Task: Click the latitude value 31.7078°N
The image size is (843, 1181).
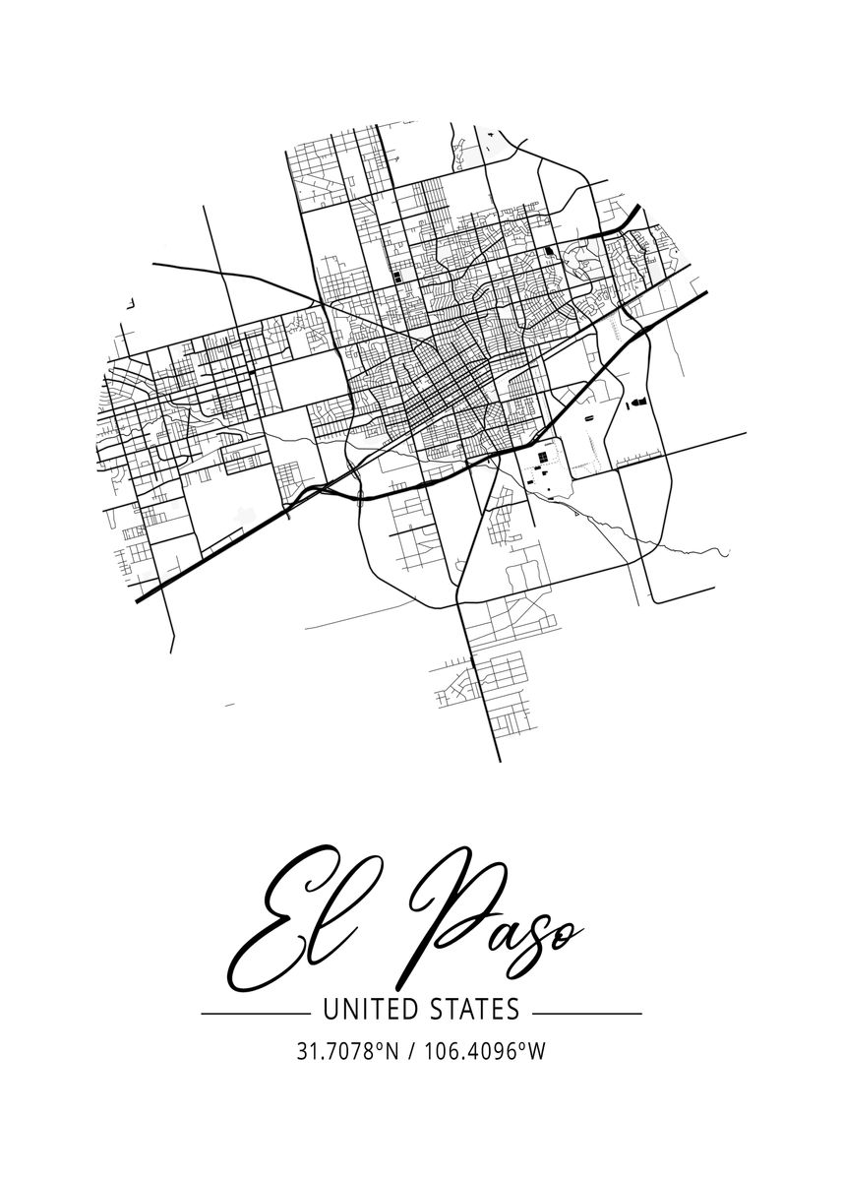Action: pos(347,1051)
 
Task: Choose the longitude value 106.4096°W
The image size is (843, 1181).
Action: pos(484,1051)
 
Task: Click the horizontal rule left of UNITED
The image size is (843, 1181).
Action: pos(255,1013)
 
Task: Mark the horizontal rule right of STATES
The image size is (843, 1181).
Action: pos(587,1013)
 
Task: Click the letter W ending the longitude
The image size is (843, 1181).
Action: pos(536,1051)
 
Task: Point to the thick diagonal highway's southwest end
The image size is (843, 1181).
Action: pos(138,599)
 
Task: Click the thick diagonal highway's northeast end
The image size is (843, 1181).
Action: pos(708,293)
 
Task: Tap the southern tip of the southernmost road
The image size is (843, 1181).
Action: pos(500,761)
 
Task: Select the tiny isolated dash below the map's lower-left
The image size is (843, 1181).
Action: pos(230,705)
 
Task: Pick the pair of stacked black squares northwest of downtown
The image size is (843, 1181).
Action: pos(396,280)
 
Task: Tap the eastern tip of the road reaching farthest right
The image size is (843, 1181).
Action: pos(744,433)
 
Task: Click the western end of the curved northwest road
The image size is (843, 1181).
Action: pos(153,264)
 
